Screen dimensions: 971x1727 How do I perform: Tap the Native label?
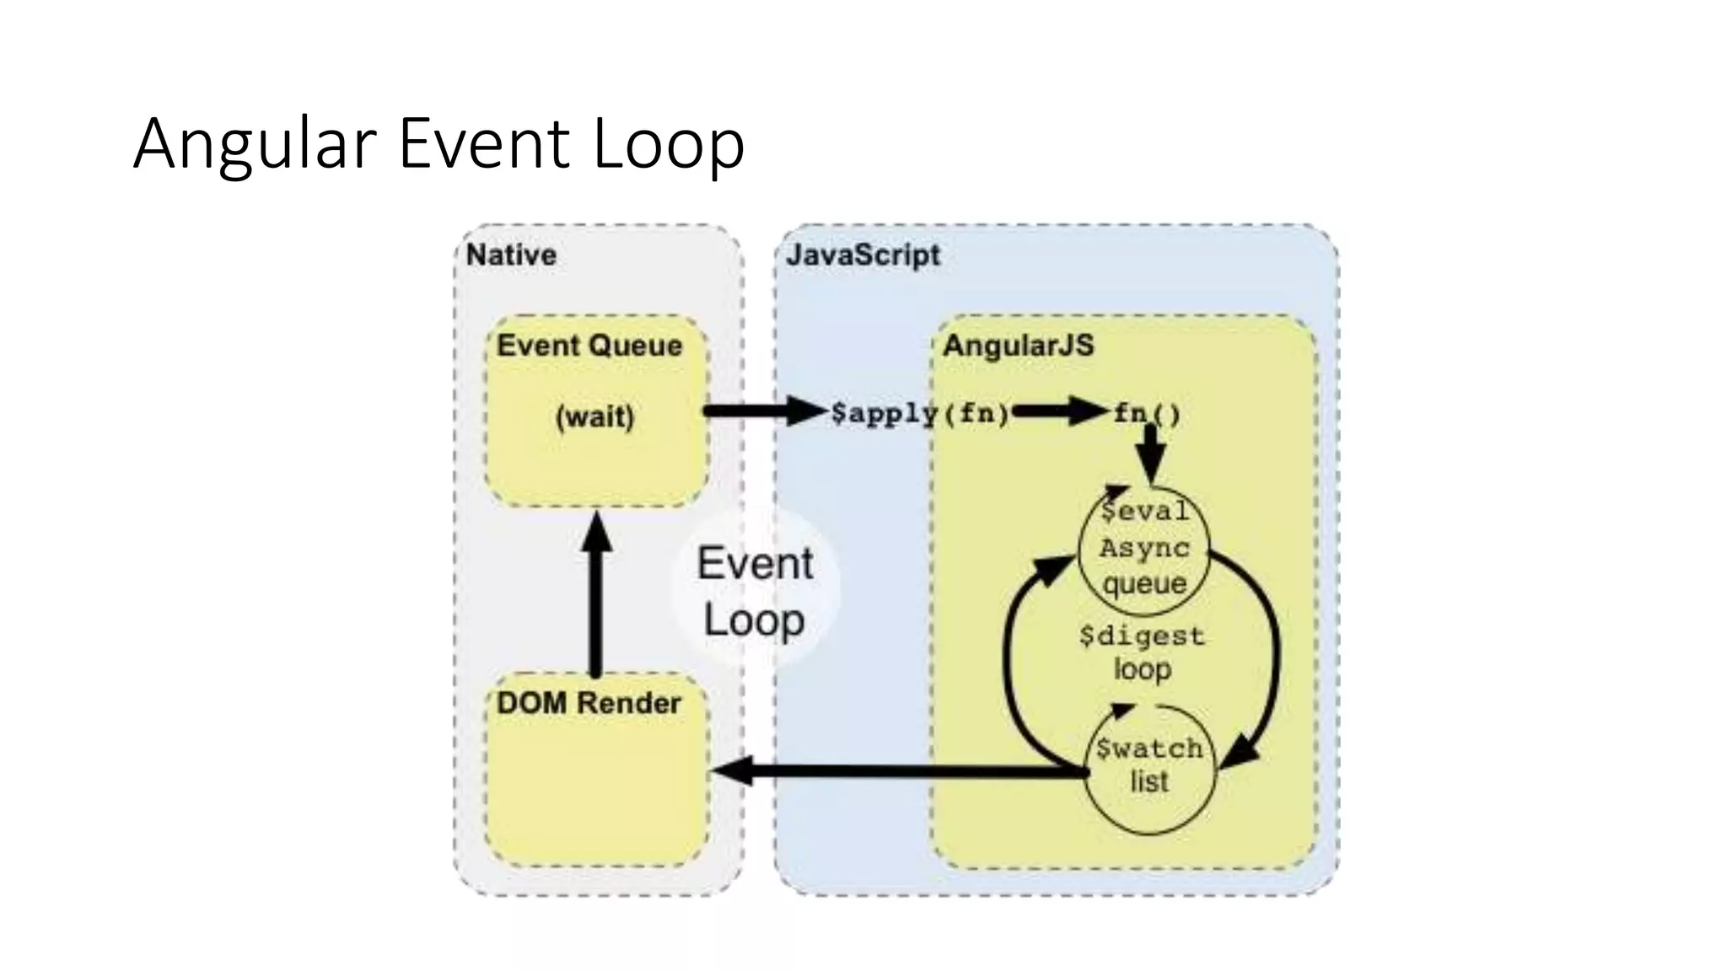[511, 255]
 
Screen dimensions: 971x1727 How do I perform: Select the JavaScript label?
[863, 255]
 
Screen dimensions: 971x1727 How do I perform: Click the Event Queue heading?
[589, 346]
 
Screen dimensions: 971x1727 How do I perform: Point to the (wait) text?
[594, 416]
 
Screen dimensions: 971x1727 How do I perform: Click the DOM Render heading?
[589, 703]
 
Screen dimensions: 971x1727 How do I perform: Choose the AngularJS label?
[1018, 346]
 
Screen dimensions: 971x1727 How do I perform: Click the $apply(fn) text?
[919, 413]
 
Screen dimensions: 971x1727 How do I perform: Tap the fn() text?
[1147, 413]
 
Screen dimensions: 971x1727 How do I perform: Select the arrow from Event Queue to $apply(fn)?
[763, 411]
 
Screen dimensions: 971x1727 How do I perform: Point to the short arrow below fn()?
[1150, 453]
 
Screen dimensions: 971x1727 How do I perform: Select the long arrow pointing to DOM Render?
[894, 771]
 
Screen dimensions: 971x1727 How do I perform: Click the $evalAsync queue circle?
[1144, 548]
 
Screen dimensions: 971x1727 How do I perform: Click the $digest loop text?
[1142, 652]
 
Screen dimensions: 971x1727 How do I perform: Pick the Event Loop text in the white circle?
[755, 592]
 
